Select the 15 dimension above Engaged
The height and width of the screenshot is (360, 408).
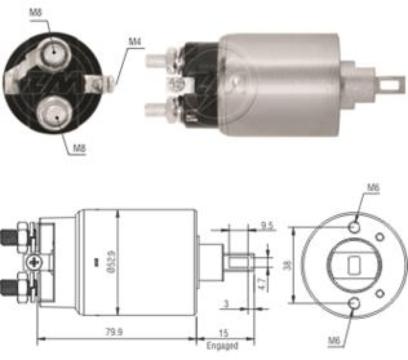(x=224, y=333)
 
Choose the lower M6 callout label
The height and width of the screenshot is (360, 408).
(x=334, y=340)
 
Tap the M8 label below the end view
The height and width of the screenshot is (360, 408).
(x=80, y=148)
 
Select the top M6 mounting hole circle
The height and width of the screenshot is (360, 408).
(x=355, y=227)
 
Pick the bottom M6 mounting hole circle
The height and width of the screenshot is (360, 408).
(x=355, y=303)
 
